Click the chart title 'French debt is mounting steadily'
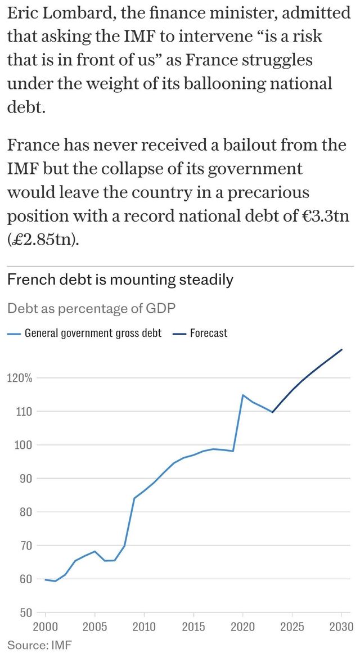pos(120,280)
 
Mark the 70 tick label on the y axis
pos(25,546)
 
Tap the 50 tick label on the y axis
pos(25,613)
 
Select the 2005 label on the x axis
pos(94,627)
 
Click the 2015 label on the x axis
pos(193,627)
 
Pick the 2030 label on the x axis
pos(341,627)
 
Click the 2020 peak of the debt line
pos(242,395)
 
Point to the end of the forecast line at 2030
pos(341,349)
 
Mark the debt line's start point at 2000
pos(45,579)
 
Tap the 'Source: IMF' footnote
pos(39,645)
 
